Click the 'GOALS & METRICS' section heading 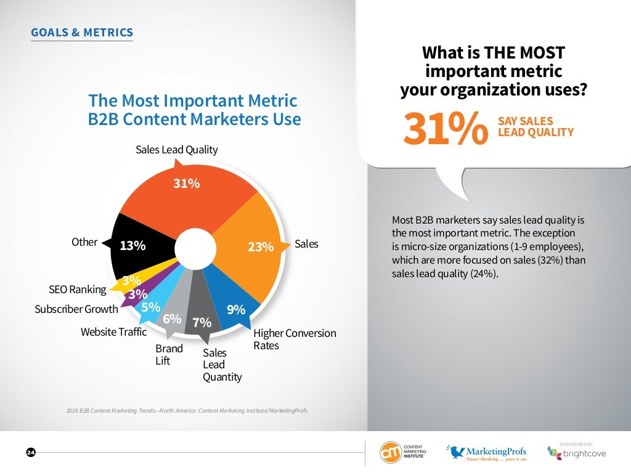[81, 33]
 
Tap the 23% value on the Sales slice [260, 247]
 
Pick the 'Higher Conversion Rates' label [295, 339]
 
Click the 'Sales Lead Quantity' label [222, 365]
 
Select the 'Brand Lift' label [169, 355]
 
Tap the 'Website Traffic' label [113, 332]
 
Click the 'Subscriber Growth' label [76, 309]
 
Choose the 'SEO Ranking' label [78, 289]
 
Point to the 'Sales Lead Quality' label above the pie [176, 150]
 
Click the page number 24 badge [31, 453]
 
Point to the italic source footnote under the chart [186, 410]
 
